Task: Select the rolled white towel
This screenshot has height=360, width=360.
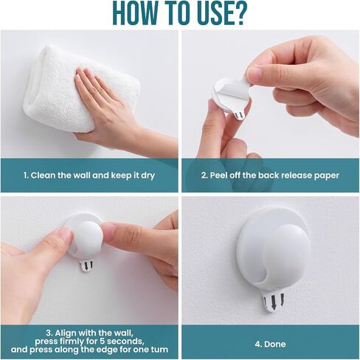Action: (81, 89)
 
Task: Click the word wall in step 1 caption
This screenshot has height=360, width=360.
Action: (83, 176)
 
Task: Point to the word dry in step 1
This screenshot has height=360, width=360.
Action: (148, 176)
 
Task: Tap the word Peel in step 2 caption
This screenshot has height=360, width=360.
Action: (218, 176)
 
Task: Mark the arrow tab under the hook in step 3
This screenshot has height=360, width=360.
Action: (87, 266)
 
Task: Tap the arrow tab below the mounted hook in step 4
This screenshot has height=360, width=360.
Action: (273, 302)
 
